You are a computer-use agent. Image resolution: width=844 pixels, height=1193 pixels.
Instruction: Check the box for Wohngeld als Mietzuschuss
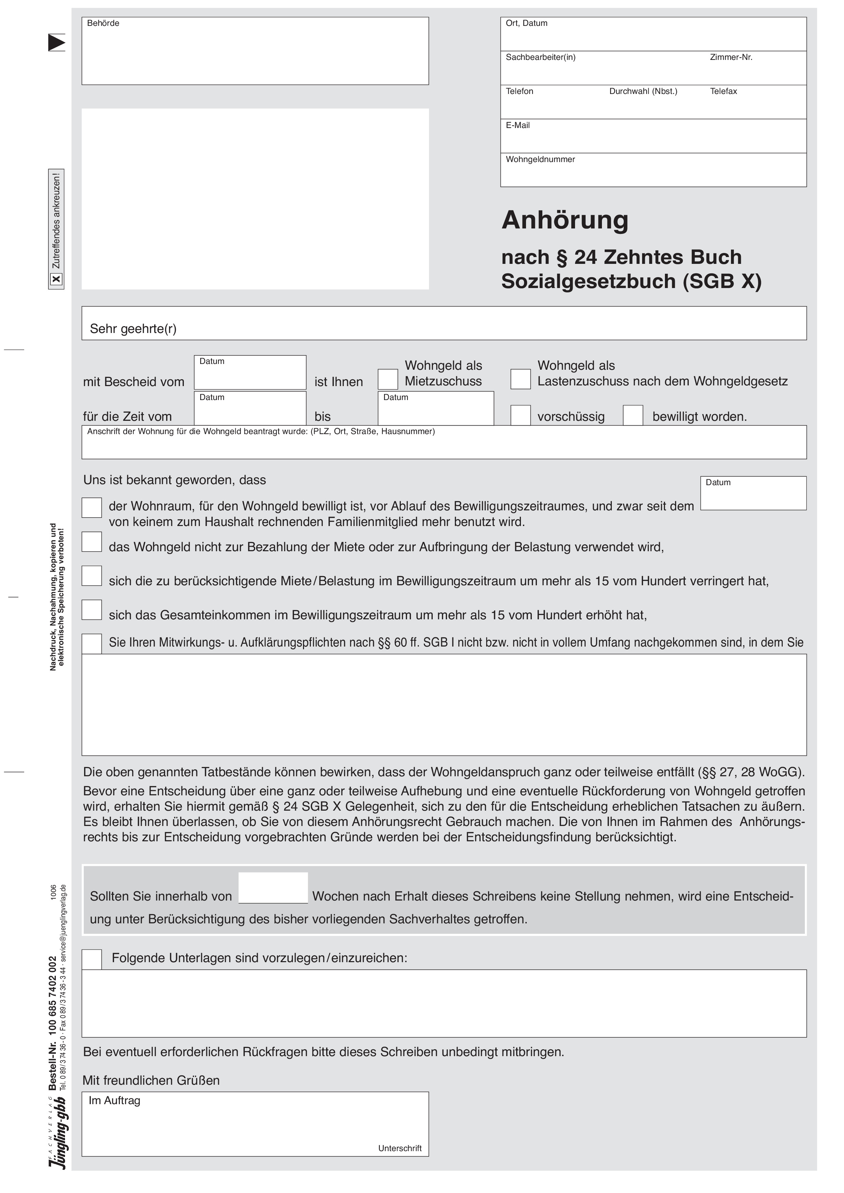(x=388, y=379)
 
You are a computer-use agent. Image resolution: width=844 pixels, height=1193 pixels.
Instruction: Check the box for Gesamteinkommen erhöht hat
(x=92, y=610)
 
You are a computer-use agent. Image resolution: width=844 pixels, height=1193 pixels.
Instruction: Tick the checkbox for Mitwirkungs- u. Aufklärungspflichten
(x=92, y=644)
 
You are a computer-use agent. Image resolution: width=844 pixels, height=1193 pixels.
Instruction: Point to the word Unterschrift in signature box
(x=400, y=1148)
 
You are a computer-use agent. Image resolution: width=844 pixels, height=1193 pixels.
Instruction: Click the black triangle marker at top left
(x=56, y=42)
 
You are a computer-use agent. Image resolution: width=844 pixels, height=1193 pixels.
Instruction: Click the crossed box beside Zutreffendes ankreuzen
(x=56, y=280)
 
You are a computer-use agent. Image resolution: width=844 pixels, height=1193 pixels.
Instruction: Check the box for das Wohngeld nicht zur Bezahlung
(x=92, y=542)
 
